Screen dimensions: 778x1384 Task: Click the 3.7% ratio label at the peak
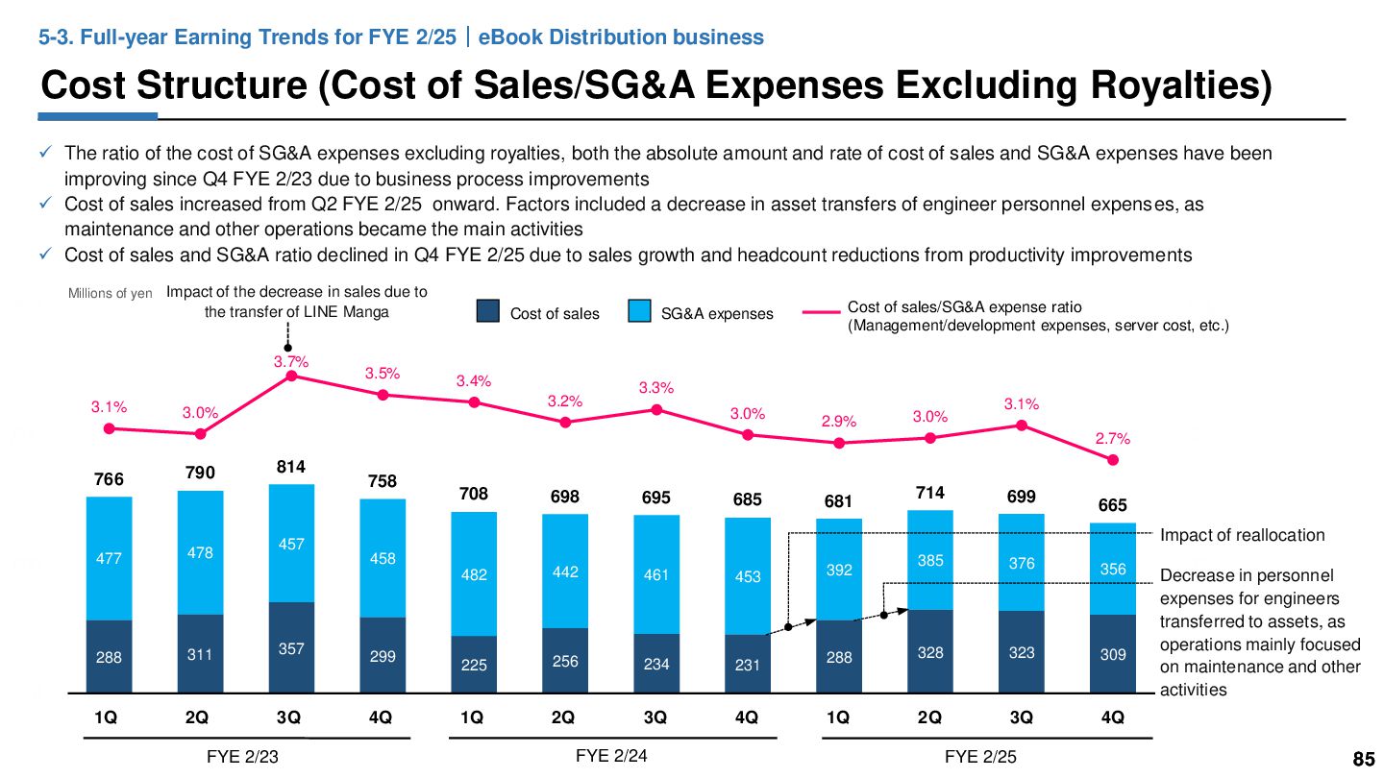click(290, 362)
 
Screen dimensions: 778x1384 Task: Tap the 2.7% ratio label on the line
click(1112, 439)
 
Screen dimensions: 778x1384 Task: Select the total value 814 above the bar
click(291, 467)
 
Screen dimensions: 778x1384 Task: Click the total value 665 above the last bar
click(1112, 506)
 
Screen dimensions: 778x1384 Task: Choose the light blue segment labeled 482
click(474, 573)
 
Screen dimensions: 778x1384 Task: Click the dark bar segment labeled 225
click(474, 664)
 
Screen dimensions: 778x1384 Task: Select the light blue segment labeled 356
click(1113, 569)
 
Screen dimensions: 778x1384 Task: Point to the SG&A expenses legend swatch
click(639, 312)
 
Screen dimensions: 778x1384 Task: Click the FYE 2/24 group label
click(611, 756)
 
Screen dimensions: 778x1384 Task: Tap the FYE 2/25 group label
click(980, 757)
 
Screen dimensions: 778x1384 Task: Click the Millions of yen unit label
click(110, 294)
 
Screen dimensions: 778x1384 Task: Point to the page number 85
click(1363, 760)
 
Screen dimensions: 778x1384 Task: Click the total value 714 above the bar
click(929, 493)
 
